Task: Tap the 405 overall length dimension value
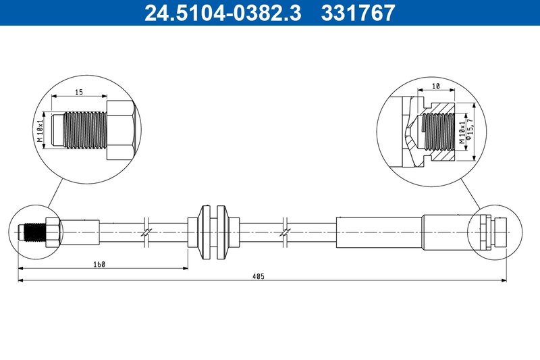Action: [x=258, y=276]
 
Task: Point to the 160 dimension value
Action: [x=100, y=263]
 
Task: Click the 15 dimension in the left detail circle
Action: [x=79, y=93]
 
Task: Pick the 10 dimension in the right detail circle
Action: [x=437, y=87]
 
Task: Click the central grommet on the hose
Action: [x=213, y=231]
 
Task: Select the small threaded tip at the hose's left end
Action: [x=31, y=231]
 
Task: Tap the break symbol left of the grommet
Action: [x=145, y=231]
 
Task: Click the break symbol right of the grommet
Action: [x=286, y=231]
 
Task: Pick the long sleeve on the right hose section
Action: [x=379, y=231]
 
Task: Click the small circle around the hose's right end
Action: [x=496, y=231]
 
